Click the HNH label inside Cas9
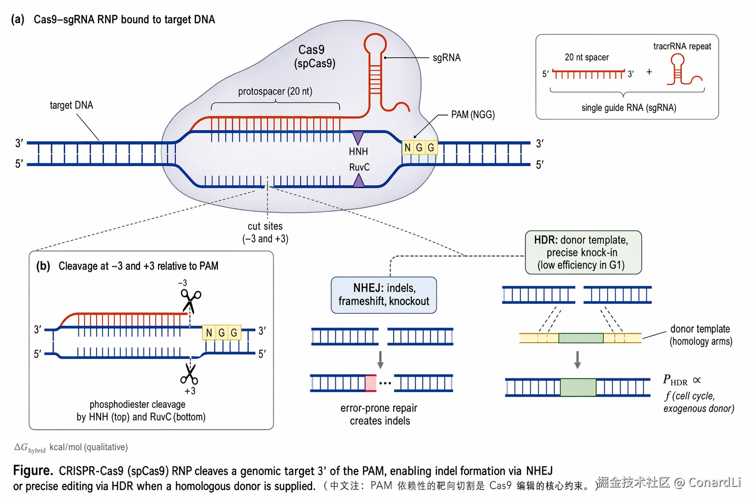(x=358, y=151)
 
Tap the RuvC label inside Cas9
(x=359, y=167)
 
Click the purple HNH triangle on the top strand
(x=358, y=137)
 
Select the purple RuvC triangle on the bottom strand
(x=359, y=181)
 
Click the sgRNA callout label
(x=447, y=58)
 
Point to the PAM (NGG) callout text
(x=473, y=115)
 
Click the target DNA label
(x=71, y=105)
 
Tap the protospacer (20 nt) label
(x=275, y=92)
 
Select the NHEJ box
(x=384, y=295)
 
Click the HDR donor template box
(x=583, y=252)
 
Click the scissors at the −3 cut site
(x=191, y=300)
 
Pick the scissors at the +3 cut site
(x=189, y=374)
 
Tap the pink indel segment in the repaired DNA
(x=371, y=383)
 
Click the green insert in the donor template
(x=581, y=338)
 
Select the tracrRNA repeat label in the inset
(x=682, y=47)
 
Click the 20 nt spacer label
(x=587, y=57)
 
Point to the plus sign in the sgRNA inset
(x=649, y=72)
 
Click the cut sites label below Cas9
(x=265, y=232)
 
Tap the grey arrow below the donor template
(x=578, y=360)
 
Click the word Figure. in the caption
(x=33, y=471)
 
